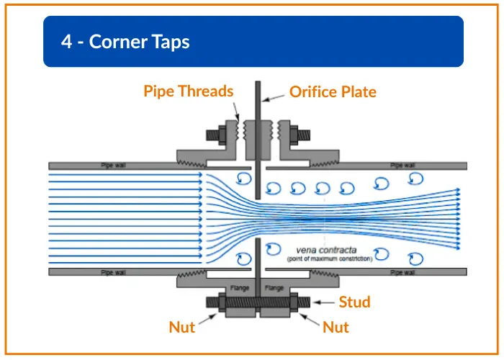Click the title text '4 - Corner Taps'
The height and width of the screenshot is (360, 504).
click(x=125, y=42)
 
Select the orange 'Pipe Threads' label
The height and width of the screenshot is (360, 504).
click(x=189, y=91)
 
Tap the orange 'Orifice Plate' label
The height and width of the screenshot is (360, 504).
click(x=333, y=91)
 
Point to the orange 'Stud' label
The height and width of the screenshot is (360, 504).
click(x=354, y=302)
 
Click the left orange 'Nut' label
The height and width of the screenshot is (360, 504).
click(x=182, y=328)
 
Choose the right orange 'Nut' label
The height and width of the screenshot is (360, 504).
click(x=336, y=328)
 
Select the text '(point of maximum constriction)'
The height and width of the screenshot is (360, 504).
click(x=330, y=258)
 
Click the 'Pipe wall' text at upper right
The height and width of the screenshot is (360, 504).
click(x=402, y=166)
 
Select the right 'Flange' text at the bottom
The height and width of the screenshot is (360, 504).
click(x=274, y=287)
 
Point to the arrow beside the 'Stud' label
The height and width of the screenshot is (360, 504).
click(x=326, y=302)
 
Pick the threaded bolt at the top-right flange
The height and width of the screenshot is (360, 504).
click(x=302, y=134)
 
